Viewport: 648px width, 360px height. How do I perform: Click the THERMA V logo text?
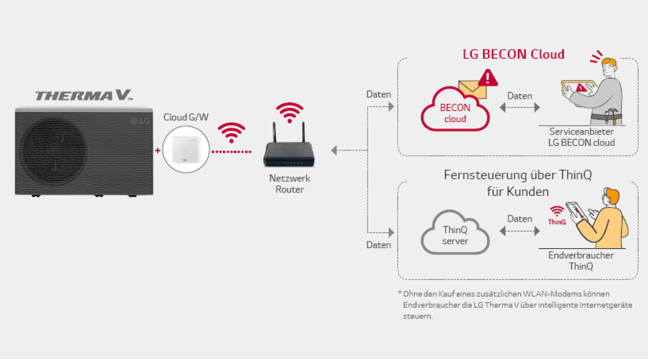83,96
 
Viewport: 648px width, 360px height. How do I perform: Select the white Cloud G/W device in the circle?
186,150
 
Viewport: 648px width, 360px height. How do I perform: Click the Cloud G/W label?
186,117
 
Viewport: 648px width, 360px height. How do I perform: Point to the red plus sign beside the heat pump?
158,150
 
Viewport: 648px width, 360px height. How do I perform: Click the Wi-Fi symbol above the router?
290,112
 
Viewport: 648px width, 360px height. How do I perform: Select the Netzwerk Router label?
289,184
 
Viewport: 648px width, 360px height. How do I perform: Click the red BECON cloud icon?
455,113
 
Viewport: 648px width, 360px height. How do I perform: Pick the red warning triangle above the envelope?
488,78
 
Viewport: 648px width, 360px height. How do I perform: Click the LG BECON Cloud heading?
513,54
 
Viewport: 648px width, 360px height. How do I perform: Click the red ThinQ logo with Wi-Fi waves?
557,216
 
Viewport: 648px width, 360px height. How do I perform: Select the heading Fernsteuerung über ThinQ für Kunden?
518,183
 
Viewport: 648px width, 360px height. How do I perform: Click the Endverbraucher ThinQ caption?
581,261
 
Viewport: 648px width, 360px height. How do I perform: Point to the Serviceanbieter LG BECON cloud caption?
581,137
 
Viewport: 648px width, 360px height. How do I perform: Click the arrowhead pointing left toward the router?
334,150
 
